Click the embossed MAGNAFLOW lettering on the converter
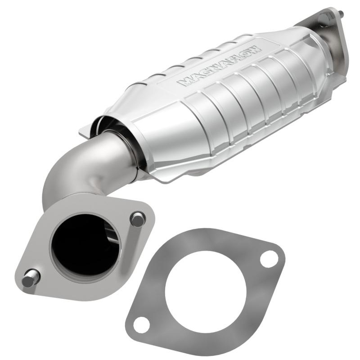(x=219, y=65)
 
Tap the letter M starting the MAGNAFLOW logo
(x=184, y=82)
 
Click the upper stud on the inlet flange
(x=138, y=219)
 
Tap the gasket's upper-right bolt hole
(x=269, y=258)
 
